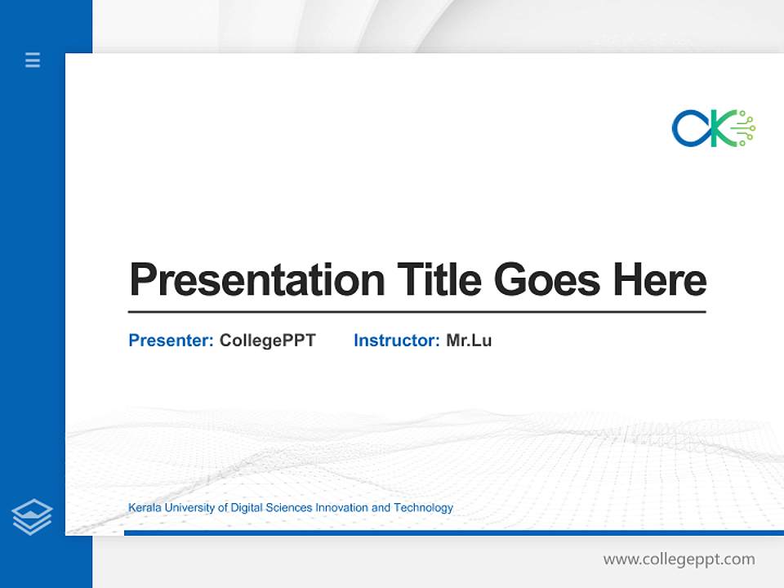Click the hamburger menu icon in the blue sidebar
pos(33,60)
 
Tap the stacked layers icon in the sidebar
pos(32,517)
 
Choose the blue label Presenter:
pos(171,341)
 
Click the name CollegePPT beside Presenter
pos(267,341)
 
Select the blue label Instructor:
pos(396,341)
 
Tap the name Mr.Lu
pos(469,341)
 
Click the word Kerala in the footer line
pos(145,508)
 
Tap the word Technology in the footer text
pos(423,508)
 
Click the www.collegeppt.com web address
pos(679,559)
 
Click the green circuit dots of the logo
pos(744,128)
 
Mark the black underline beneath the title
pos(416,311)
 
